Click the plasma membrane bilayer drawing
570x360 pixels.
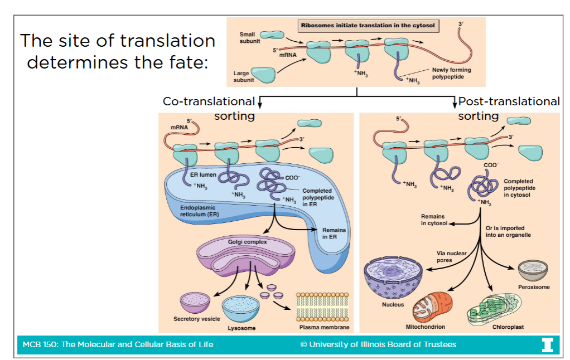323,304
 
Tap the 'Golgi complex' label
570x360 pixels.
247,242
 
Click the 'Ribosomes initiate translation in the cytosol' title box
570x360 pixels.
368,25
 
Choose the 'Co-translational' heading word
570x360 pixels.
209,101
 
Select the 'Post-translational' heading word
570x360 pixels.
509,101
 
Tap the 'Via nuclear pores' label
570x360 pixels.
451,257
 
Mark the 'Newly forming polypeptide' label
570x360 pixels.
447,74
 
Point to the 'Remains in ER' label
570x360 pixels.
334,233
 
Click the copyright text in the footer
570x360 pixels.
378,344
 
